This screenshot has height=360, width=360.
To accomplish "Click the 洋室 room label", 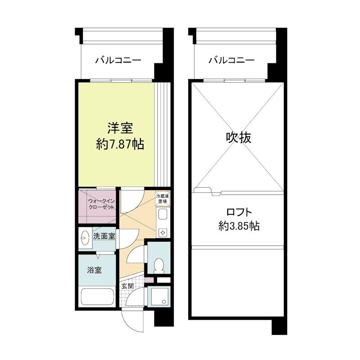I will pos(120,128).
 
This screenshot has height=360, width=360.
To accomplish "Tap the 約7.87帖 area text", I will pos(120,144).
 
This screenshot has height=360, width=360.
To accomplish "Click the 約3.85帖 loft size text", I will pos(238,226).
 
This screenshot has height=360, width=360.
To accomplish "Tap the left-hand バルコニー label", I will pos(118,60).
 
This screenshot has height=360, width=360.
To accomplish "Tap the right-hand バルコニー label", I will pos(232,60).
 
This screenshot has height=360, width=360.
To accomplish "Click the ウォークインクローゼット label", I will pos(101,204).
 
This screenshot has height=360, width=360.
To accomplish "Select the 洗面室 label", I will pos(104,235).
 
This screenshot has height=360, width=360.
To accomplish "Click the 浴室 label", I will pos(94,270).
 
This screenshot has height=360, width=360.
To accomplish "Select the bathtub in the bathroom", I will pos(98,297).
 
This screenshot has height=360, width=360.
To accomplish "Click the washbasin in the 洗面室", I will pos(85,238).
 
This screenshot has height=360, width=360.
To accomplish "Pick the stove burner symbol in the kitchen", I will pos(162,233).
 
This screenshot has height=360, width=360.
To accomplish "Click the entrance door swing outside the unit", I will pos(133,322).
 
